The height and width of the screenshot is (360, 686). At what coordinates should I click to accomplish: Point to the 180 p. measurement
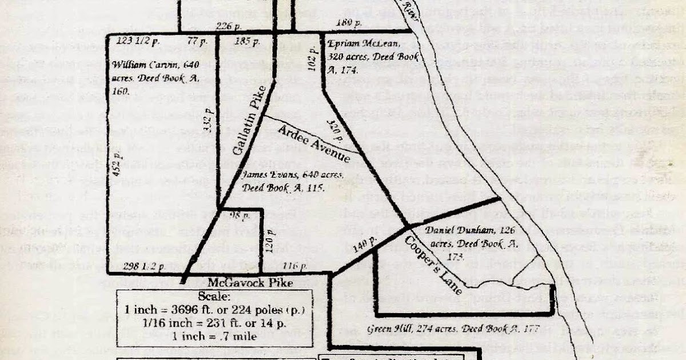[348, 23]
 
